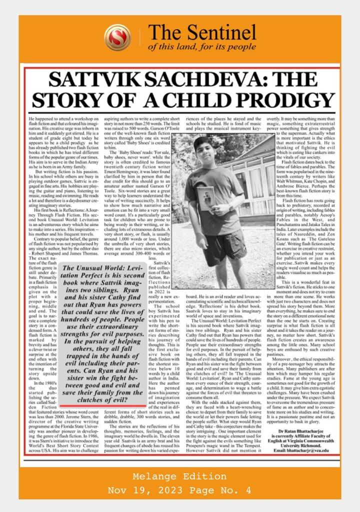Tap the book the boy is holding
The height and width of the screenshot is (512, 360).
(x=205, y=198)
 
